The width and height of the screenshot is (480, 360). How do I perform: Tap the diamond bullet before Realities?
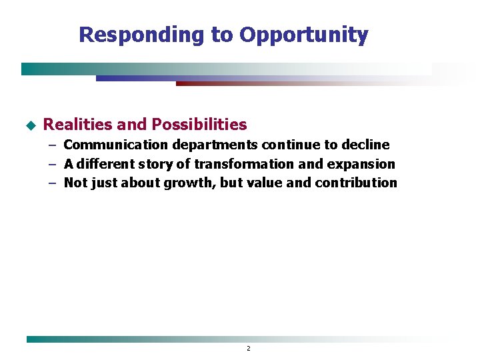29,125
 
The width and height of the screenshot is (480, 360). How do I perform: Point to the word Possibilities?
199,125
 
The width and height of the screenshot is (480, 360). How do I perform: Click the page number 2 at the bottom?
248,348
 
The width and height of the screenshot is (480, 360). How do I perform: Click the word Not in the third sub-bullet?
74,183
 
